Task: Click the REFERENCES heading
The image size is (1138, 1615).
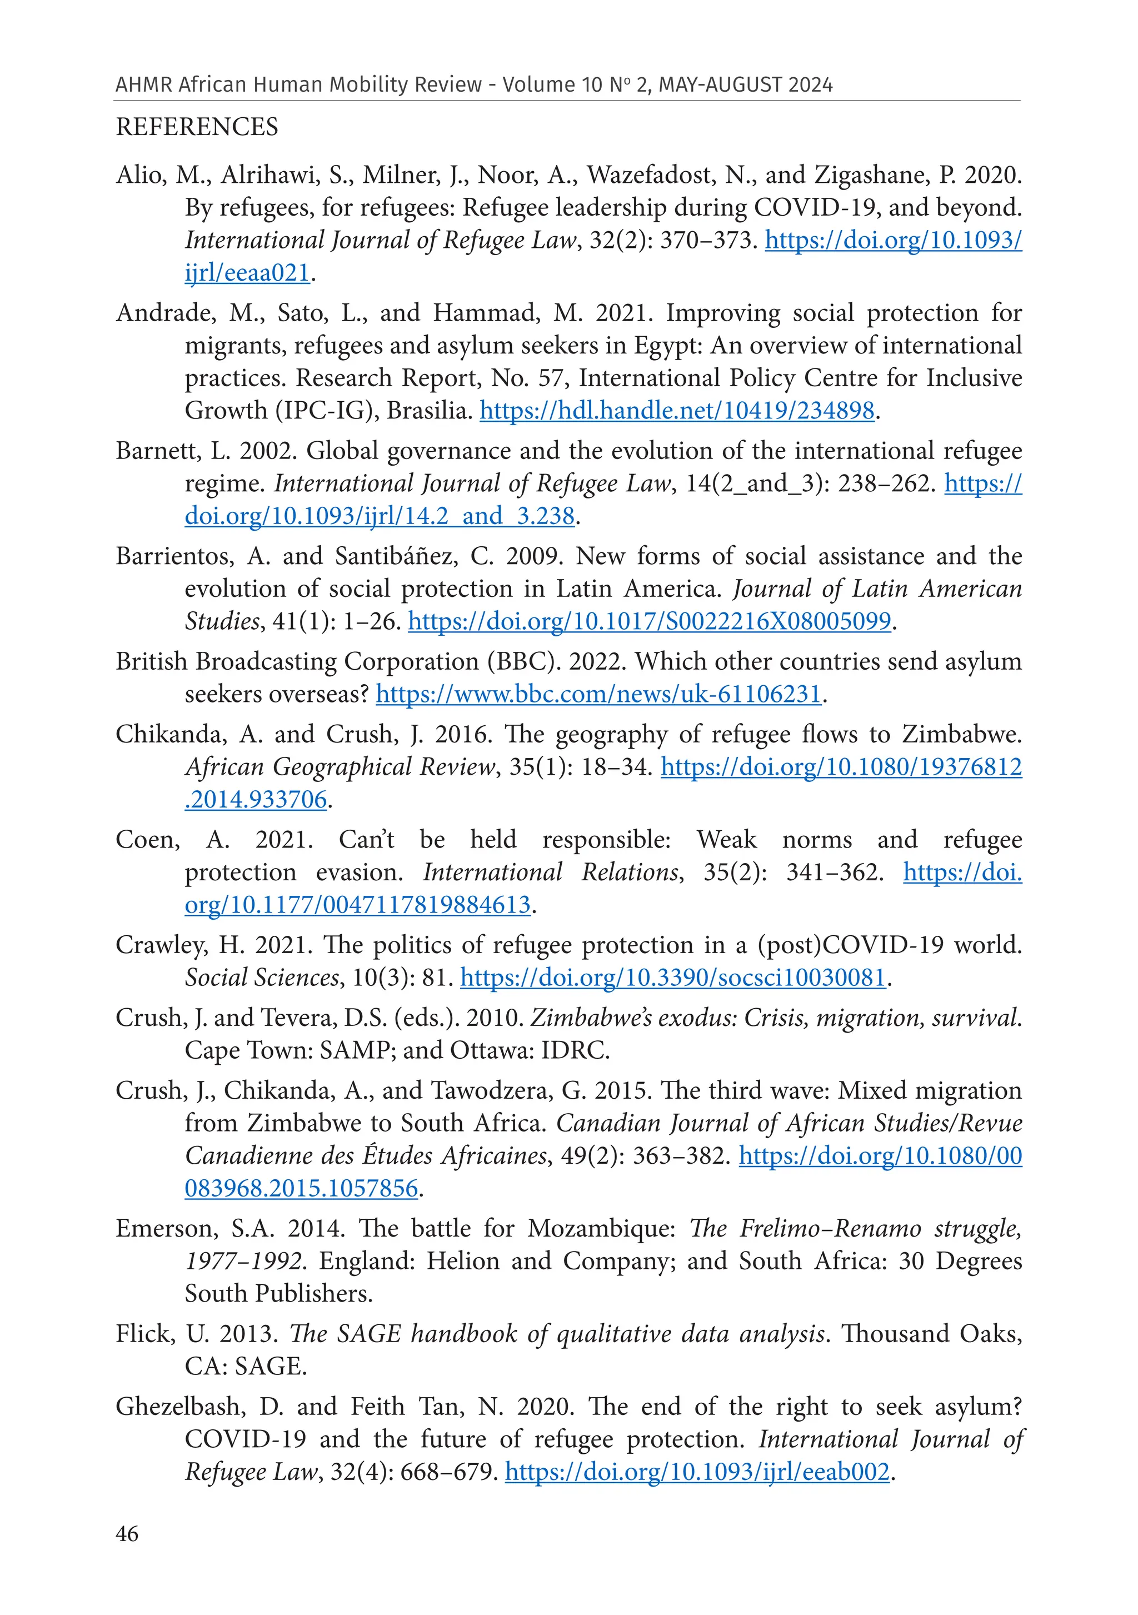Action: pyautogui.click(x=197, y=127)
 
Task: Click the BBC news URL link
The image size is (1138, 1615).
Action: pyautogui.click(x=598, y=694)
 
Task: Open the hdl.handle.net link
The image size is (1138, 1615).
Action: pyautogui.click(x=677, y=410)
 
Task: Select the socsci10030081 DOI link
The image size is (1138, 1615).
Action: pyautogui.click(x=673, y=977)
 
